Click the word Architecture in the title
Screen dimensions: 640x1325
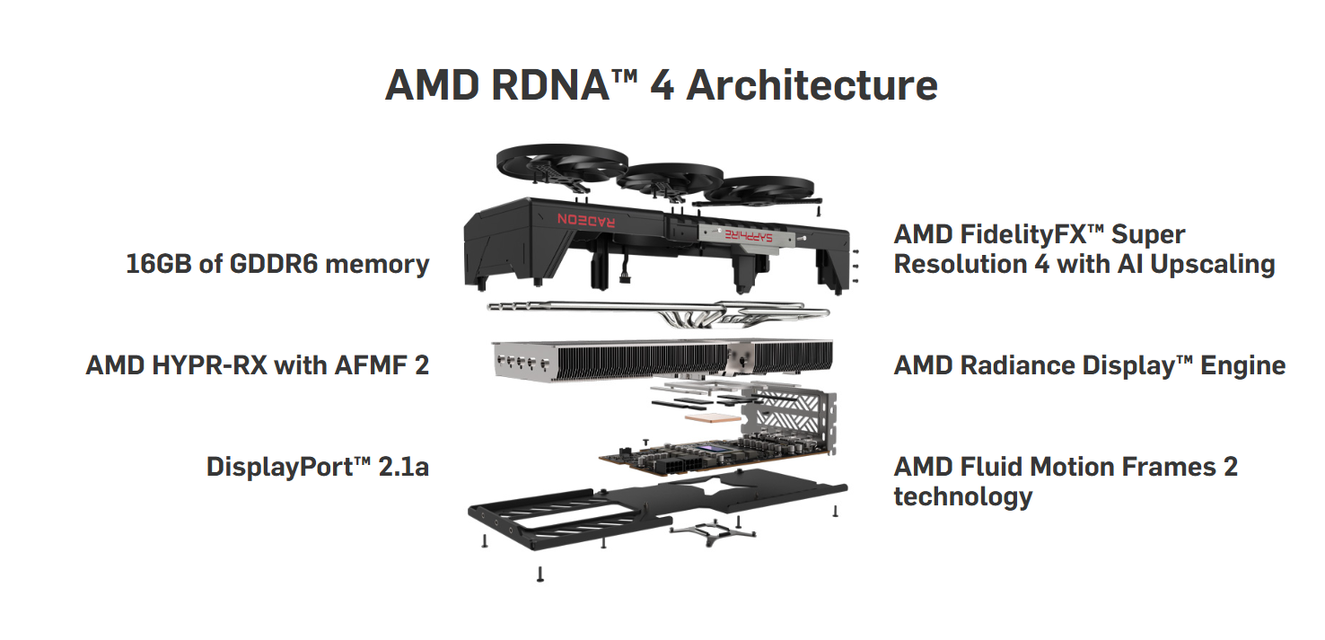coord(812,86)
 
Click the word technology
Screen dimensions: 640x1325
coord(962,496)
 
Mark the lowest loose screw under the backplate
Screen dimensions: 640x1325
coord(540,574)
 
